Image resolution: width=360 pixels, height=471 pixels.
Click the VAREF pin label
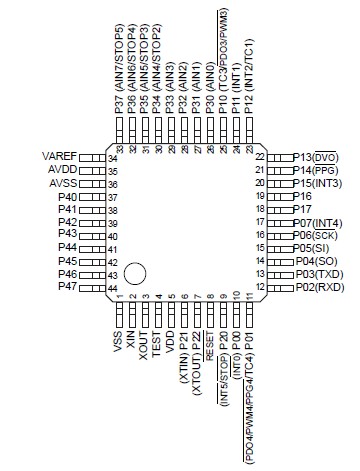57,156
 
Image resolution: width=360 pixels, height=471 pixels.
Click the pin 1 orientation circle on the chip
135,273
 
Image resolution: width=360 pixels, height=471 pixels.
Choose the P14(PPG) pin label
318,170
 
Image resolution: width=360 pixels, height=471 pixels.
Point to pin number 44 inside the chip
113,287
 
